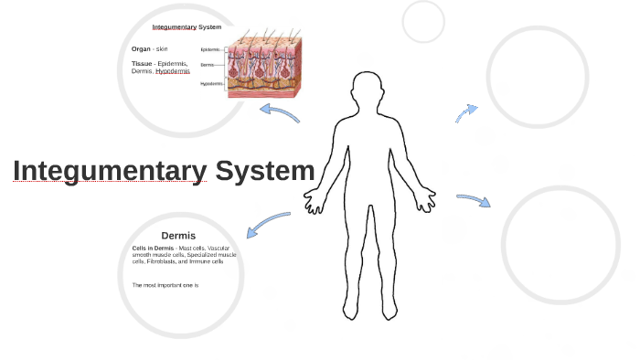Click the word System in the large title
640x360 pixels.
(x=265, y=171)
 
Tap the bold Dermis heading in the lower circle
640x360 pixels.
(x=178, y=235)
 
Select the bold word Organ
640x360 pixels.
(x=141, y=48)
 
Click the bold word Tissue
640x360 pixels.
(x=142, y=63)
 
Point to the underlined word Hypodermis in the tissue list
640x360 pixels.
(x=173, y=71)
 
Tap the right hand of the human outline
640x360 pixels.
(x=426, y=196)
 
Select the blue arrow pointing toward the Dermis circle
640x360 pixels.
(x=268, y=222)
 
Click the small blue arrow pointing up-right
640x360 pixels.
(x=466, y=112)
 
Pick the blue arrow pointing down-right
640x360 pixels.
(x=474, y=199)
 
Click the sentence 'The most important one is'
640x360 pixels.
(x=165, y=285)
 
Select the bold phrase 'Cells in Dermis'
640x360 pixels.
(x=153, y=248)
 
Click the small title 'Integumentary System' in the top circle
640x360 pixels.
(x=187, y=27)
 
